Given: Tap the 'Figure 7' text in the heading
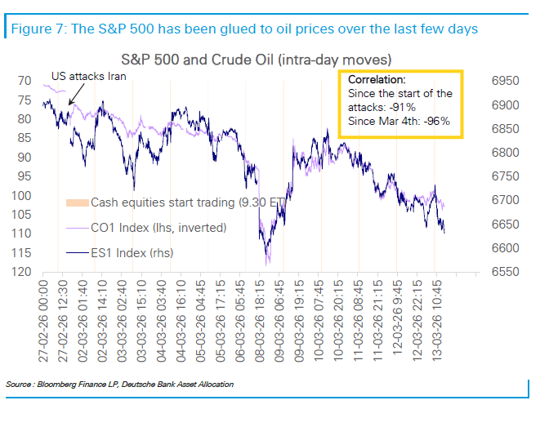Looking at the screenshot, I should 38,29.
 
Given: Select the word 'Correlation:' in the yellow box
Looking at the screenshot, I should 376,81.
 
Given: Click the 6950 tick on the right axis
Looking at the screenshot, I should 506,82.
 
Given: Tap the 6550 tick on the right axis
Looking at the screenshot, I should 506,272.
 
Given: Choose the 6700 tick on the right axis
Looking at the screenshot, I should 506,200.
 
